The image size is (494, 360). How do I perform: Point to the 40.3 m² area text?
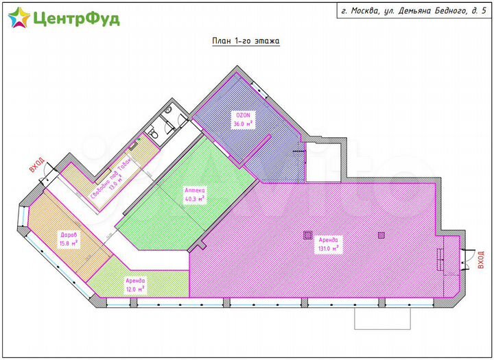(195, 200)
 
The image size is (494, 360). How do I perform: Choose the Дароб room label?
(68, 234)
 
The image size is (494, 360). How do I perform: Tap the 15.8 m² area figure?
(69, 242)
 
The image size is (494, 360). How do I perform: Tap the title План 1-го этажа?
(245, 40)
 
